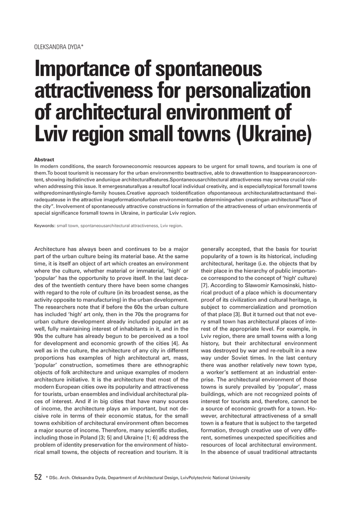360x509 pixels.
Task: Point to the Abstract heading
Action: click(44, 159)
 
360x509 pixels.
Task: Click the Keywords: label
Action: click(44, 226)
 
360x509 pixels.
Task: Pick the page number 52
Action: click(38, 477)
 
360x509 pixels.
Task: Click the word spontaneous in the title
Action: click(214, 69)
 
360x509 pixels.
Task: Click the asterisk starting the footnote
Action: click(46, 477)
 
